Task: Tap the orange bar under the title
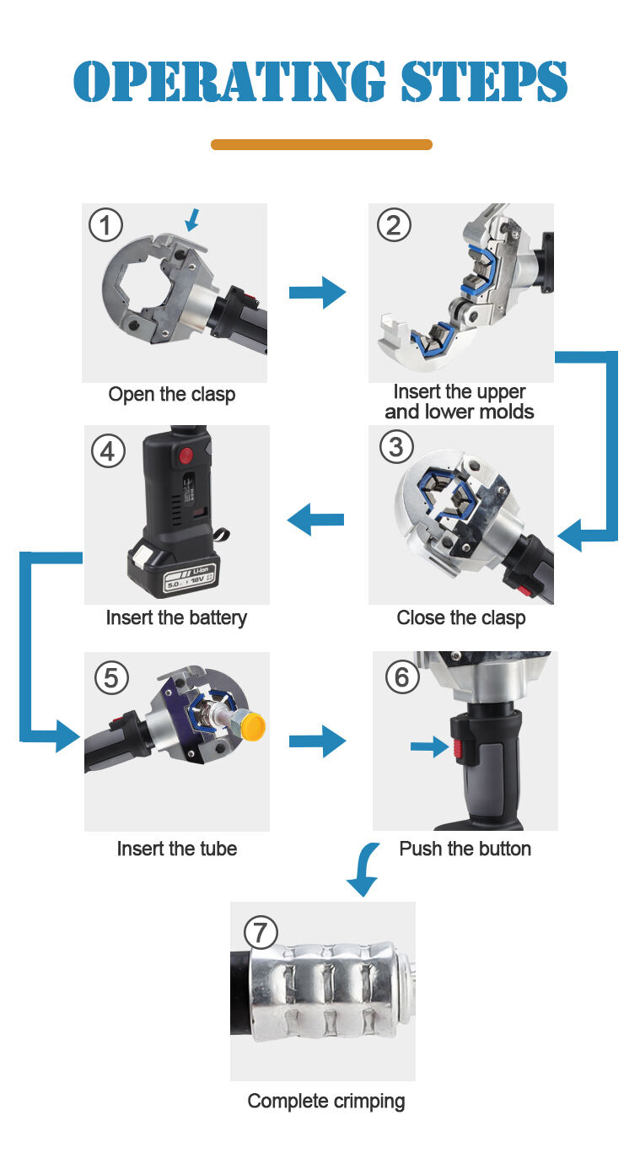pyautogui.click(x=320, y=145)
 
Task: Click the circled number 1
pyautogui.click(x=105, y=225)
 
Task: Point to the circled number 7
pyautogui.click(x=261, y=932)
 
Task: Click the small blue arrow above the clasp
pyautogui.click(x=193, y=220)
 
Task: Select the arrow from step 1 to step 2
pyautogui.click(x=317, y=293)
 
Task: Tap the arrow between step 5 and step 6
pyautogui.click(x=317, y=741)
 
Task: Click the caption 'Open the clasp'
pyautogui.click(x=172, y=395)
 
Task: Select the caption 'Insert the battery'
pyautogui.click(x=176, y=617)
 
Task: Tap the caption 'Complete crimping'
pyautogui.click(x=325, y=1101)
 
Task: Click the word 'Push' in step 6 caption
pyautogui.click(x=421, y=849)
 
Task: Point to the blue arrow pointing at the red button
pyautogui.click(x=428, y=746)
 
